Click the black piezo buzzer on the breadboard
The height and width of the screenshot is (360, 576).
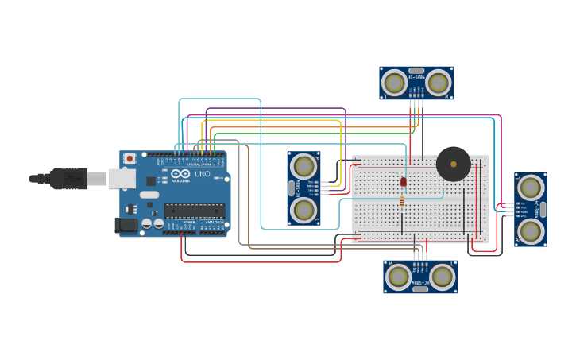click(x=453, y=164)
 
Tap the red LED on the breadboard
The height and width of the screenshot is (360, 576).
click(x=403, y=182)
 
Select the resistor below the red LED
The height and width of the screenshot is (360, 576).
click(x=402, y=202)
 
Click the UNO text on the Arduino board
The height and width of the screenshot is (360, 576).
click(x=203, y=173)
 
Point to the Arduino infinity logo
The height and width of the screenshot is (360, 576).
click(x=180, y=173)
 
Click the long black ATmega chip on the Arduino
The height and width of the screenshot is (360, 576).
click(x=194, y=211)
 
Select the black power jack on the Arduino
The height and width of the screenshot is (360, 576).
click(x=126, y=226)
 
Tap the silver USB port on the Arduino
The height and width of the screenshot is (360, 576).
click(x=122, y=179)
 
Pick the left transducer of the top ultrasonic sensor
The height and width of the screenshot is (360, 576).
click(x=394, y=82)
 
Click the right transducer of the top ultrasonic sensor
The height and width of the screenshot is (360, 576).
click(x=438, y=82)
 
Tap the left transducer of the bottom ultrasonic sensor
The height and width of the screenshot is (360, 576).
click(x=398, y=277)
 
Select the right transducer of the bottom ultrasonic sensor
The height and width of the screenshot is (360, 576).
click(x=442, y=277)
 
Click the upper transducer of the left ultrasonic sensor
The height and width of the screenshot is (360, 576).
click(x=303, y=166)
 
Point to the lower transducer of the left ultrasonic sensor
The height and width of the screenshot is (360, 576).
click(x=303, y=210)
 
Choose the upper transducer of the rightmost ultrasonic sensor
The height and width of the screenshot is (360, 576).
click(x=531, y=188)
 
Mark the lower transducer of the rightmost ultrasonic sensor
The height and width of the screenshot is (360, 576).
click(x=531, y=231)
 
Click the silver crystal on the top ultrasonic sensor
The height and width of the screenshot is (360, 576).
click(x=416, y=70)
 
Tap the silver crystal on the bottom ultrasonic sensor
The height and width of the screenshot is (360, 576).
click(x=420, y=289)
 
